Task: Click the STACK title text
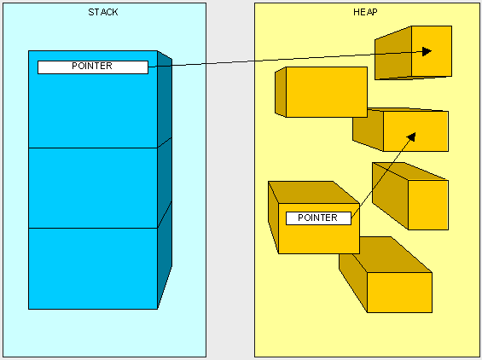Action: (103, 12)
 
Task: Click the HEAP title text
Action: (367, 12)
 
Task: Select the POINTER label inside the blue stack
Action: (92, 67)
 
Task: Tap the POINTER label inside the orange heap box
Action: (318, 218)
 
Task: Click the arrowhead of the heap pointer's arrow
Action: (412, 136)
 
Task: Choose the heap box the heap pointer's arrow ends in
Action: (415, 132)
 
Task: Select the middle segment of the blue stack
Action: (92, 188)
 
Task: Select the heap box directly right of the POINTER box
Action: (428, 204)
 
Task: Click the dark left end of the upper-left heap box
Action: (280, 92)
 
